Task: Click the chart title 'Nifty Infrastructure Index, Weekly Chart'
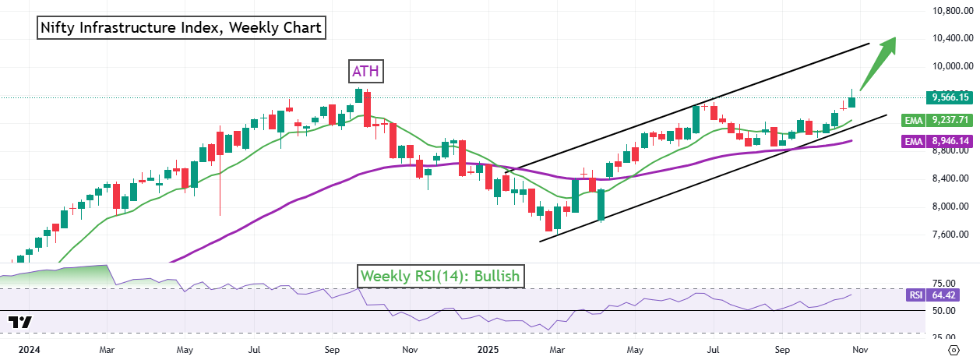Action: click(x=182, y=28)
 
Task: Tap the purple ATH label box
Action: click(x=366, y=72)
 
